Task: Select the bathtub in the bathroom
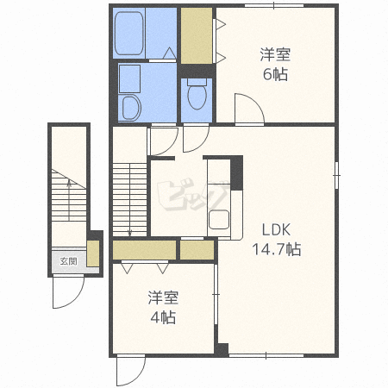(x=129, y=33)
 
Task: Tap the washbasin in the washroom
(x=130, y=108)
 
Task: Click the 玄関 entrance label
(x=68, y=261)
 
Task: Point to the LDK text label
(x=276, y=229)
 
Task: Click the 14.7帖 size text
(x=277, y=249)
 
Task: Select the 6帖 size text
(x=275, y=74)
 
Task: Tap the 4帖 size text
(x=163, y=317)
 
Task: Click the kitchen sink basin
(x=219, y=219)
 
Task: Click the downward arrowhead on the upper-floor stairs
(x=129, y=234)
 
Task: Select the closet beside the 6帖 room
(x=197, y=35)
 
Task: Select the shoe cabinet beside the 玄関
(x=93, y=253)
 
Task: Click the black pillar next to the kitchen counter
(x=237, y=172)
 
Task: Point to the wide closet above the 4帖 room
(x=144, y=250)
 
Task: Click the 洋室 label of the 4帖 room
(x=163, y=297)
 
